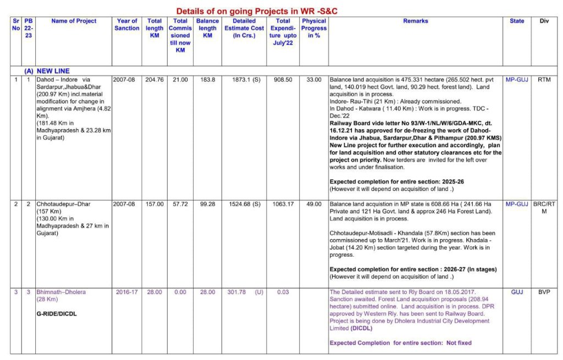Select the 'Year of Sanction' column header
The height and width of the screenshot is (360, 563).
point(127,25)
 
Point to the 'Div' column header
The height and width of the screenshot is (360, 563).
point(544,21)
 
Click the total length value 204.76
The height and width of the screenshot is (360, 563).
point(154,80)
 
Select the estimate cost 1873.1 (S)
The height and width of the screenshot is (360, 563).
point(245,80)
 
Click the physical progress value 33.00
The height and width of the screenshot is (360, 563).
point(314,80)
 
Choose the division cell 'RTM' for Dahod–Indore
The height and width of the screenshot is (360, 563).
point(544,80)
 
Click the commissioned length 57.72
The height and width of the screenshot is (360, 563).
point(180,204)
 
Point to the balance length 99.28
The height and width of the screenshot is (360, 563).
point(207,204)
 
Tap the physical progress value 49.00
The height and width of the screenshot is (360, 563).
point(314,204)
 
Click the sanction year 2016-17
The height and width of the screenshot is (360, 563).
point(127,292)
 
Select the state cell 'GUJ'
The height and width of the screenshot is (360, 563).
point(517,292)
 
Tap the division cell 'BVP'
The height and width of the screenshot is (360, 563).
point(544,292)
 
